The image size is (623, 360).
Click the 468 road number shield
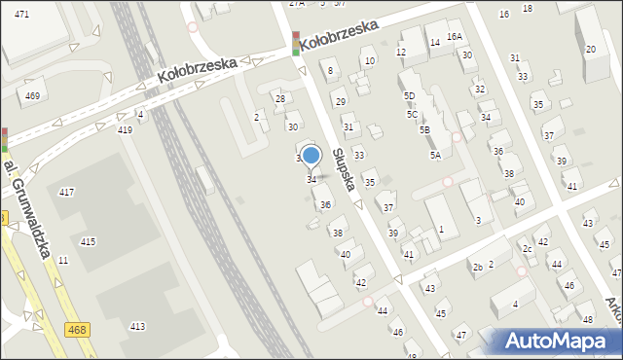tap(79, 332)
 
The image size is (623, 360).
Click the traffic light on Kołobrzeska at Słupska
tap(296, 44)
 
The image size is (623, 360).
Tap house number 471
tap(21, 14)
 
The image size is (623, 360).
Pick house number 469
tap(32, 95)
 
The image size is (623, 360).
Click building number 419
tap(125, 129)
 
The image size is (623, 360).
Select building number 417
tap(66, 193)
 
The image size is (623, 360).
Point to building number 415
tap(88, 241)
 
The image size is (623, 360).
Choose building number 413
tap(137, 326)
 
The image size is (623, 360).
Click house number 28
tap(280, 98)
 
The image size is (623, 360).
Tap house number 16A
tap(455, 36)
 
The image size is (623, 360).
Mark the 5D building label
tap(410, 95)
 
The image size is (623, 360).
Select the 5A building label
tap(435, 155)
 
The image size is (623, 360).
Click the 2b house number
tap(477, 267)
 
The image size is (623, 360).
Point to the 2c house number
tap(527, 249)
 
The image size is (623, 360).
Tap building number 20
tap(590, 49)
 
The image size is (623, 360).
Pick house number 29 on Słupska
tap(340, 101)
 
